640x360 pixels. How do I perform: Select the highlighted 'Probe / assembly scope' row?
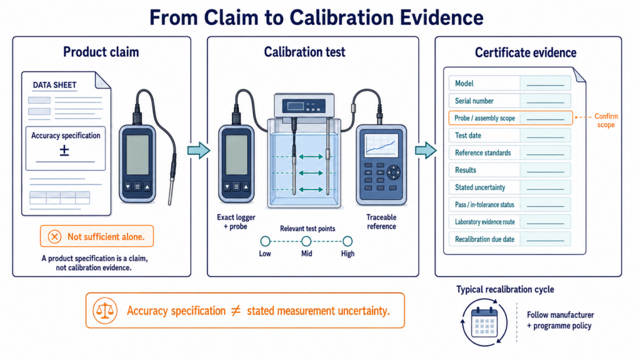click(x=511, y=118)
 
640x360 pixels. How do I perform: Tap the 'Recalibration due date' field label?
click(x=484, y=239)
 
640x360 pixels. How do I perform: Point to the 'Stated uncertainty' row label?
click(x=480, y=187)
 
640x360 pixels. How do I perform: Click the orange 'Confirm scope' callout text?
click(x=606, y=121)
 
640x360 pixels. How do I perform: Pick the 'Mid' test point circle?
click(x=306, y=241)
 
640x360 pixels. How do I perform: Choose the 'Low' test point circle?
click(x=265, y=241)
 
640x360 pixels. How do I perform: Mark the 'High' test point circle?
click(x=347, y=241)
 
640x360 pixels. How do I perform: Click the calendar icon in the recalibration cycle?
click(x=484, y=322)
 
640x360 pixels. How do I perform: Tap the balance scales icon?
click(x=105, y=311)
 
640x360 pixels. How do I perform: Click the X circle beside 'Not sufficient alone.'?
click(x=54, y=237)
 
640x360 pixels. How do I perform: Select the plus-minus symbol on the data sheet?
click(x=64, y=151)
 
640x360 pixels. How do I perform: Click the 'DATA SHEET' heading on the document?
click(x=55, y=85)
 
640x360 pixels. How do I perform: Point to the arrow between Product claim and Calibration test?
click(x=199, y=151)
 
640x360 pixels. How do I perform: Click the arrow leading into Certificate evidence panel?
click(x=426, y=151)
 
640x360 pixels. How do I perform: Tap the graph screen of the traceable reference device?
click(x=381, y=145)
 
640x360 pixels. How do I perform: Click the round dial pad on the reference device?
click(x=394, y=172)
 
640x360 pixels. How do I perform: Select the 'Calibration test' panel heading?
click(x=304, y=52)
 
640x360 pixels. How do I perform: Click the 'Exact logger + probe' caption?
click(x=236, y=222)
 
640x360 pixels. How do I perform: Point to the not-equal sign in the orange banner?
click(x=236, y=311)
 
